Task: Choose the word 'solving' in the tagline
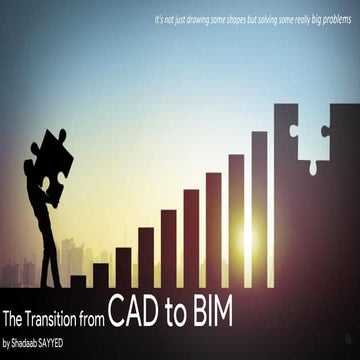tap(280, 19)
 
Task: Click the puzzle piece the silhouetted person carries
tap(52, 159)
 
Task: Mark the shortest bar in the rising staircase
tap(78, 281)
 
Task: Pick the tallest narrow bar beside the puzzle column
tap(259, 210)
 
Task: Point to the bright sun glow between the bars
tap(246, 240)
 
